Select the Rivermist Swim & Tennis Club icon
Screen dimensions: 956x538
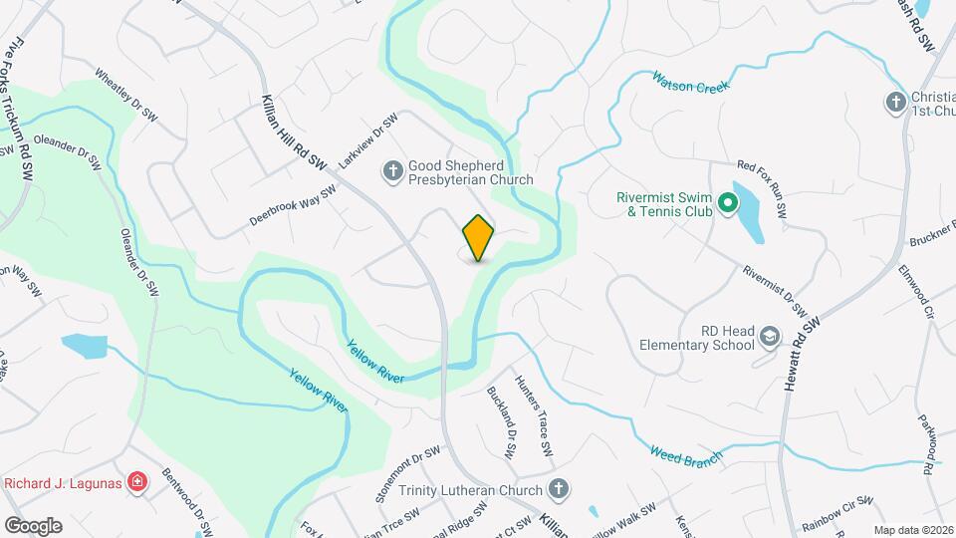(728, 205)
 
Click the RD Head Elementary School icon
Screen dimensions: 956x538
(769, 338)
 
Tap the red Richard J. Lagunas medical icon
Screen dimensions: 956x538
(137, 484)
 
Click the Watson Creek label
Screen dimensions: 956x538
(691, 81)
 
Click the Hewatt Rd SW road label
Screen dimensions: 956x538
(802, 353)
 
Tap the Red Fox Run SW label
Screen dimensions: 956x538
(762, 189)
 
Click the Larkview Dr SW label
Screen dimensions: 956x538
(367, 139)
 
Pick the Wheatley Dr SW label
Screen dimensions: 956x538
(125, 95)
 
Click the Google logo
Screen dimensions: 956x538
(32, 525)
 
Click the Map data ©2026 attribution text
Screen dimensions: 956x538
(913, 530)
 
